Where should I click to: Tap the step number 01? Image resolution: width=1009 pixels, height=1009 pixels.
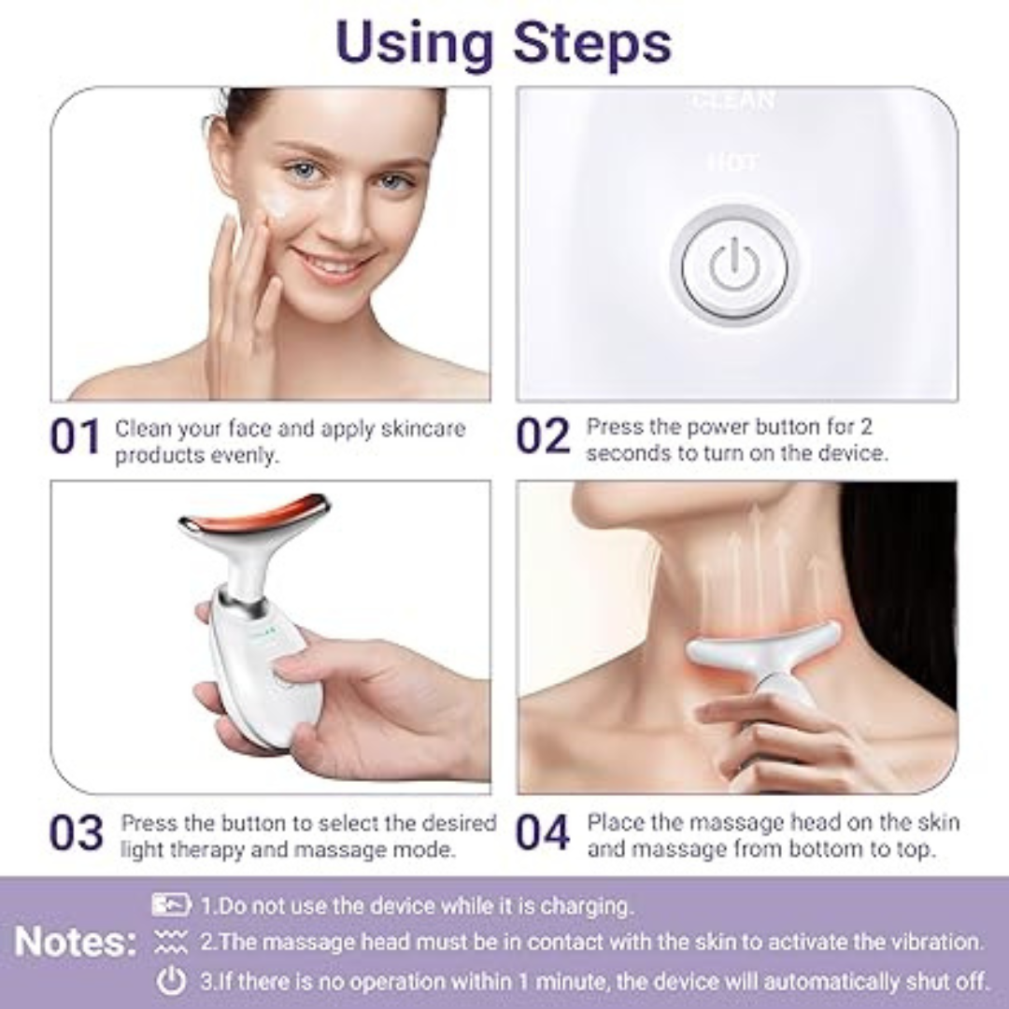(x=75, y=438)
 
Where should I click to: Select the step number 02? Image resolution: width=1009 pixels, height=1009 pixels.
(x=543, y=437)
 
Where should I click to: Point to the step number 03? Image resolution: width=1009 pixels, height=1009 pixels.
(x=76, y=833)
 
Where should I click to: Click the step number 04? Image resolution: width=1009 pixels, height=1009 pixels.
(x=543, y=833)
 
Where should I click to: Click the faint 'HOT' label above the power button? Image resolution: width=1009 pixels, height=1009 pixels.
(x=733, y=163)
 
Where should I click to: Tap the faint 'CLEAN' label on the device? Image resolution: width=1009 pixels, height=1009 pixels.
(x=733, y=99)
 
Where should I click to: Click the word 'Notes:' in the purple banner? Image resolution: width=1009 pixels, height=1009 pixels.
(x=76, y=942)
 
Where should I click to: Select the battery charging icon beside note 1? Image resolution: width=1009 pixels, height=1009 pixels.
(x=171, y=904)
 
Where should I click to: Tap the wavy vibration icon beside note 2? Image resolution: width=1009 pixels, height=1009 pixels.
(x=171, y=942)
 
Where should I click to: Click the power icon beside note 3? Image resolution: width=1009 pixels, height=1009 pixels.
(x=171, y=980)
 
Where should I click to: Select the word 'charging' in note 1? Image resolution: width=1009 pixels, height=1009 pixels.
(x=584, y=905)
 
